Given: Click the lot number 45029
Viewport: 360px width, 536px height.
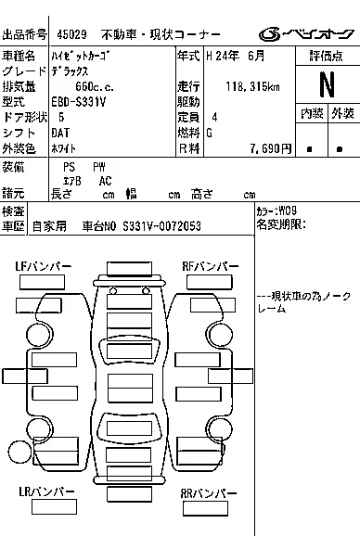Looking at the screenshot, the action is pos(71,34).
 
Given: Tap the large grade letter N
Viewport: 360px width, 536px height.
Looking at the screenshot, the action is pos(328,84).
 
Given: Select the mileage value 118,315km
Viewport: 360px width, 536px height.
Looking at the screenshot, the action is pos(252,86).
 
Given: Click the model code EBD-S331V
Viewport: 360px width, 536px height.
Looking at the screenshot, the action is pos(79,102).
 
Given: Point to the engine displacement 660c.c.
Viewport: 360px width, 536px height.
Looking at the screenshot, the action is pos(95,86).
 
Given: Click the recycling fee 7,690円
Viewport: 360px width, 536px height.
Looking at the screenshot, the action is pos(271,148).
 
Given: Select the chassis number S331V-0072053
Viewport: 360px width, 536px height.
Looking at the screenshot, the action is pos(161,226).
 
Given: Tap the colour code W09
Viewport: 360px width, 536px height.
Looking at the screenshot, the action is pos(288,211).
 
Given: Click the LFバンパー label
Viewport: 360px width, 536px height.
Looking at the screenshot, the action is pos(44,266).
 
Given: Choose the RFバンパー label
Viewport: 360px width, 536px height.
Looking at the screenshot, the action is pos(211,266).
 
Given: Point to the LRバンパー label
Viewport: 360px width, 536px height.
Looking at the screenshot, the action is pos(46,491).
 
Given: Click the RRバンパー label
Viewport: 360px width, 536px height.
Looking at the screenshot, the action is pos(208,493).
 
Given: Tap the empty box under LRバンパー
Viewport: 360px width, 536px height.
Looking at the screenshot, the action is pos(54,506).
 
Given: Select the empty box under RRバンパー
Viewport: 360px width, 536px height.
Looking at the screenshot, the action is pos(205,508).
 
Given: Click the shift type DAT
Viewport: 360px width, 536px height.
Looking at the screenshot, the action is pos(60,133).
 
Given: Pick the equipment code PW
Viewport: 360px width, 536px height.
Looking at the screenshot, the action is pos(99,167).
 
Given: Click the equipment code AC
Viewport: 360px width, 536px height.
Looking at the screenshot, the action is pos(105,181).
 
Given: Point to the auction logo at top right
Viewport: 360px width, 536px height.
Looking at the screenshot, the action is pos(305,33).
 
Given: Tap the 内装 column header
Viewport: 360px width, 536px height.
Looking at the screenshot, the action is pos(312,113).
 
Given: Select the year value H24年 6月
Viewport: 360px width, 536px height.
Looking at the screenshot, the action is pos(236,56).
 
